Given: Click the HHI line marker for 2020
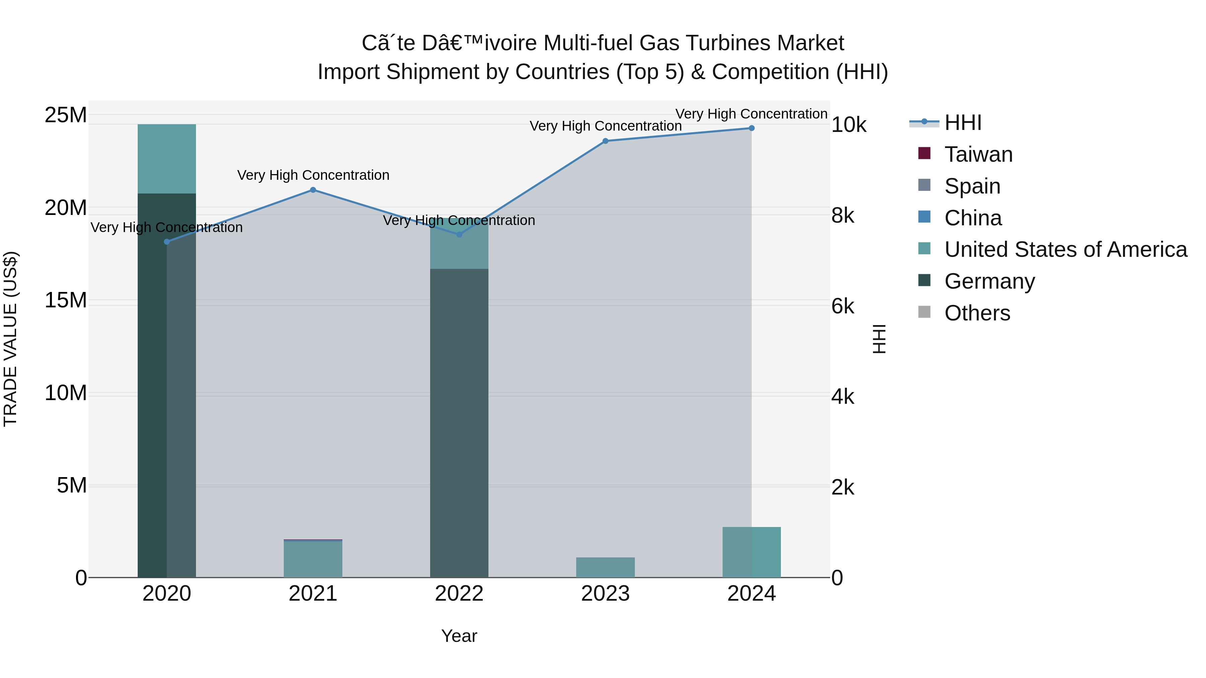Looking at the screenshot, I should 167,241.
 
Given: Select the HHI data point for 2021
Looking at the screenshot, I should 313,190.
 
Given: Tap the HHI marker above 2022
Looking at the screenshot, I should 459,234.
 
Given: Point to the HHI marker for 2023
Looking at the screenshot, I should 605,141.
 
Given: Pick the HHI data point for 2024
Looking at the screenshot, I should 751,128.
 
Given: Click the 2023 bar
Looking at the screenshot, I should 605,567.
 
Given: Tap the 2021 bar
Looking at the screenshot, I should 313,559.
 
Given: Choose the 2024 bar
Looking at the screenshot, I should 751,552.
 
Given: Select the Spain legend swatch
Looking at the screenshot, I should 924,185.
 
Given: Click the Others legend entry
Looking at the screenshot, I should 977,313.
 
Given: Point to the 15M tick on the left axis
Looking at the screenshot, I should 66,300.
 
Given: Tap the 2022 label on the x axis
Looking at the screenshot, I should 459,594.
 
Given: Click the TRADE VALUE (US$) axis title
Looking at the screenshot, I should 10,339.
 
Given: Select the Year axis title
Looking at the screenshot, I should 459,636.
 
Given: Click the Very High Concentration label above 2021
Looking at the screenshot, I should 313,175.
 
